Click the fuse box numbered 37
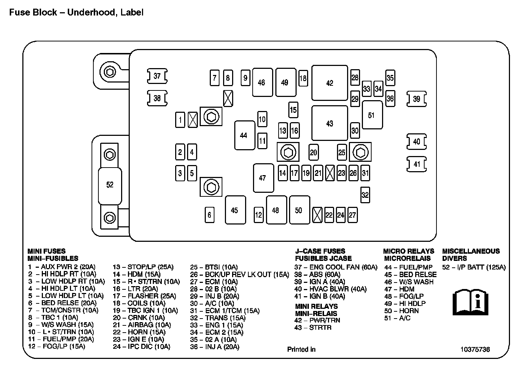click(157, 76)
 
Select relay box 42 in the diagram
click(329, 83)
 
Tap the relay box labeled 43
click(329, 123)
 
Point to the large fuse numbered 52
click(110, 184)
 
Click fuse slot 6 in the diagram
click(209, 215)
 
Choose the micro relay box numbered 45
click(235, 210)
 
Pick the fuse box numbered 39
click(417, 99)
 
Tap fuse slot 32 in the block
click(365, 195)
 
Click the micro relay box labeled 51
click(372, 115)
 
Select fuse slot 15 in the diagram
click(293, 110)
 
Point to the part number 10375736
click(475, 349)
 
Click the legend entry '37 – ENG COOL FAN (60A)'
click(336, 267)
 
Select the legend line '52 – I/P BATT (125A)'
click(474, 267)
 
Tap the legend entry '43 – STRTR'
click(313, 328)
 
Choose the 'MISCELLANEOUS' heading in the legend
click(471, 251)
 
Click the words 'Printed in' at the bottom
click(301, 349)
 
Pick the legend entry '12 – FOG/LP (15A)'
click(57, 346)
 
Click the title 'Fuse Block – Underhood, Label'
click(76, 12)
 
